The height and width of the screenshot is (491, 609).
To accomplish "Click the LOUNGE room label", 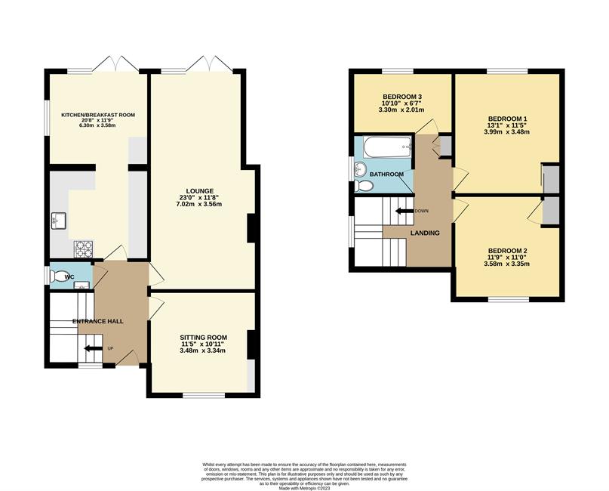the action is [x=200, y=191].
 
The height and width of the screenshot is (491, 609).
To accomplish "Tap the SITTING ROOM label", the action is [x=203, y=337].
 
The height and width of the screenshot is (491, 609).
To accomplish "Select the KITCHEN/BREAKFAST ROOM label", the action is [x=98, y=115].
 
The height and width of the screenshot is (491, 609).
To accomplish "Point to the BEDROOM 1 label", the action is [x=508, y=119].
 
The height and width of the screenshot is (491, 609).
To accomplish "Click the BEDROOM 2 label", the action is [x=508, y=251].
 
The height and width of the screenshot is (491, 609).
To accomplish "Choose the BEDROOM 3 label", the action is [x=402, y=97].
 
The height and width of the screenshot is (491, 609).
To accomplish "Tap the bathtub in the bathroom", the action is [x=387, y=147].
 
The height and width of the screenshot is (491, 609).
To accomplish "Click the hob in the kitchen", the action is [x=84, y=249].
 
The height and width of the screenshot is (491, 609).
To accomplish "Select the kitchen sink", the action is [x=59, y=221].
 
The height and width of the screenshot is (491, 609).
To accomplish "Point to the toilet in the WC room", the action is [x=60, y=276].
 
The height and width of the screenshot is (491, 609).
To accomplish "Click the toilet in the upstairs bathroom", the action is [x=364, y=185].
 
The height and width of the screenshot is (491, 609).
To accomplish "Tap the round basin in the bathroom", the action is [x=361, y=169].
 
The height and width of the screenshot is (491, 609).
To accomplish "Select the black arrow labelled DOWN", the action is [x=404, y=211].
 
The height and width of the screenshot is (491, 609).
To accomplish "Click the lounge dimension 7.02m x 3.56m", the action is [x=199, y=204].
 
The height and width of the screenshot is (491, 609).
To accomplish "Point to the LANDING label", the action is [x=425, y=233].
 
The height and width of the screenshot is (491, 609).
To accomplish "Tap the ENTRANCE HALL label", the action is [x=98, y=321].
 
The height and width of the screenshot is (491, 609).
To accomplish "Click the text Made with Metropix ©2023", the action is [x=304, y=488].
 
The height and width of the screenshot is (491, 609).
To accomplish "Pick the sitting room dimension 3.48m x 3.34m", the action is [x=202, y=350].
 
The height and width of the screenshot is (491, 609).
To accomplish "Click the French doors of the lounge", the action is [x=210, y=64].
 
